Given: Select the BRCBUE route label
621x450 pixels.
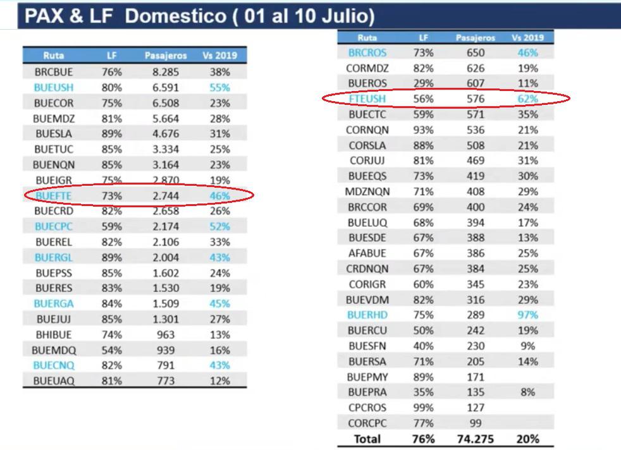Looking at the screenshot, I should pos(54,72).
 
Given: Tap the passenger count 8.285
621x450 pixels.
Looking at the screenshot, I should pos(166,72).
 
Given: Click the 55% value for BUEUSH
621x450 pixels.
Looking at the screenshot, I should pos(219,88).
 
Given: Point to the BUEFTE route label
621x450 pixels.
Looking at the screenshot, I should pos(54,196).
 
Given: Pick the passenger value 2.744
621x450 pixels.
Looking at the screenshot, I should pos(166,196).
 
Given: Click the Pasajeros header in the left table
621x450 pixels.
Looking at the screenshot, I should pos(166,56).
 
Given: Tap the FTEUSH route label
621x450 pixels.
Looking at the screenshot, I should pos(367,99).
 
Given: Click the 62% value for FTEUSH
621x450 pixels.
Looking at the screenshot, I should pos(527,99).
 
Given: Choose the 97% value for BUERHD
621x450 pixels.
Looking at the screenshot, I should pos(527,315).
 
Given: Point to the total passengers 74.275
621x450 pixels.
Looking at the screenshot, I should pos(475,439).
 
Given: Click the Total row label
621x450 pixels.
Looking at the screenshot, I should pos(367,439).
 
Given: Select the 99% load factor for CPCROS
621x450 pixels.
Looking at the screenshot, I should pos(423,408).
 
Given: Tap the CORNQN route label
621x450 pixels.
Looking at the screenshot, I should pos(367,130).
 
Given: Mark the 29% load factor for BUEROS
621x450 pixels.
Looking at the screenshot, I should pos(423,83).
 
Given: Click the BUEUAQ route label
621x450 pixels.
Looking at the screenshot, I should pos(54,381).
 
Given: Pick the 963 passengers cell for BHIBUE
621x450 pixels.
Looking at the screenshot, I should pos(166,334).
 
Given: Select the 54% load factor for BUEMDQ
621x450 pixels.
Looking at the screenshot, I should pos(111,350).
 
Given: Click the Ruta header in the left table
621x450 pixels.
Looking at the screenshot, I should pos(54,56).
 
